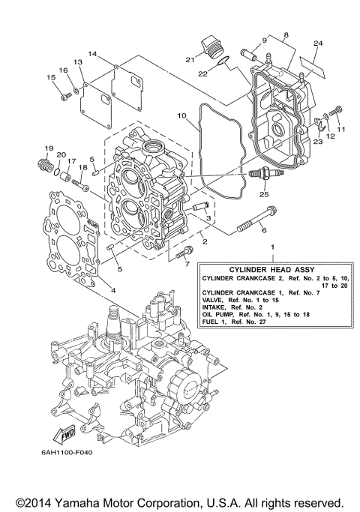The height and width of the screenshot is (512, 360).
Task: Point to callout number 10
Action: (x=181, y=115)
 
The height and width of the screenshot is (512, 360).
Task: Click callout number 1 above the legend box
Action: (x=272, y=247)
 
